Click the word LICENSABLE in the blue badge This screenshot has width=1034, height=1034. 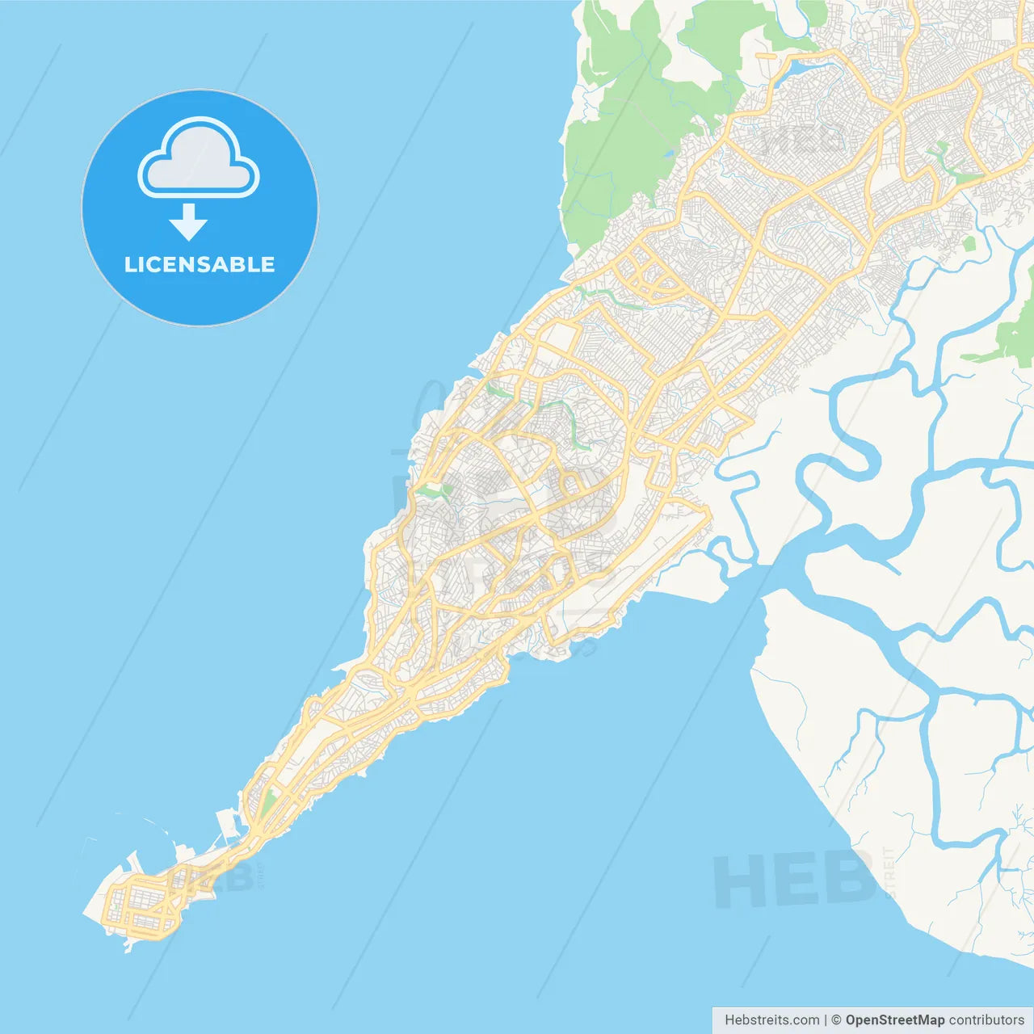[200, 265]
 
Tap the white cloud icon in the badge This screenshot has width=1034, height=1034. [198, 159]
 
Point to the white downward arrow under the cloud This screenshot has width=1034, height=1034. [188, 222]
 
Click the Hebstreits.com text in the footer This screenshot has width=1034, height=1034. [771, 1020]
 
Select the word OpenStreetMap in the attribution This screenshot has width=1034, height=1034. [894, 1020]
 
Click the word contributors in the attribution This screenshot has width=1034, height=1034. [986, 1020]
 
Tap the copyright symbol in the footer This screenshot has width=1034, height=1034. [836, 1020]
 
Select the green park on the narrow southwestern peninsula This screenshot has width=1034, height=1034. [267, 804]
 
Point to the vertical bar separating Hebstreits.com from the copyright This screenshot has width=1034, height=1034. [826, 1020]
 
